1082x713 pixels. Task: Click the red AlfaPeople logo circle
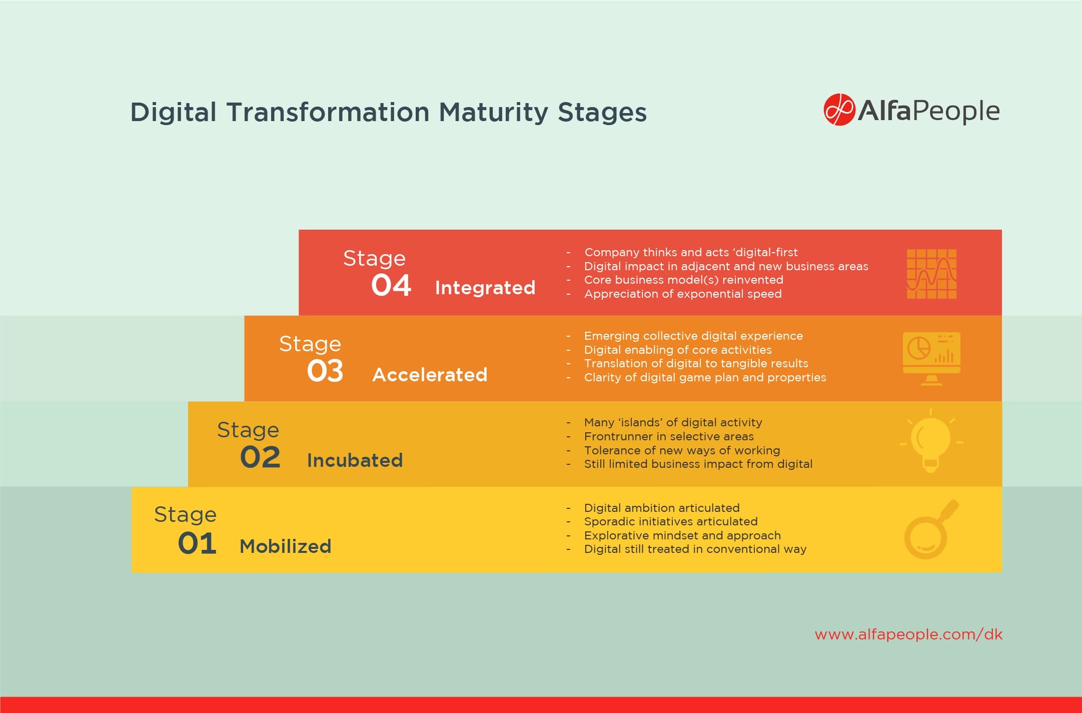click(839, 110)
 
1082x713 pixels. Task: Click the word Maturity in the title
click(493, 112)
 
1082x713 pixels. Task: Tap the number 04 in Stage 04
click(391, 286)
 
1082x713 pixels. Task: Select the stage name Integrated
click(485, 288)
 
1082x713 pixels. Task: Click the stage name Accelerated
click(430, 375)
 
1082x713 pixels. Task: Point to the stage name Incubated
click(355, 460)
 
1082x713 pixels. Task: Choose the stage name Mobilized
click(285, 546)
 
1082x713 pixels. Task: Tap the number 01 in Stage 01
click(197, 543)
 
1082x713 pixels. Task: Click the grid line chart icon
click(931, 274)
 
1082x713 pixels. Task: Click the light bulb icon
click(930, 441)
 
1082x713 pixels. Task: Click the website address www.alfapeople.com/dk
click(908, 634)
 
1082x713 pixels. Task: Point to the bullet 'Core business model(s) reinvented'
click(683, 280)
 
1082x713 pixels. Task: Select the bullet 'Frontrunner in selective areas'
click(669, 436)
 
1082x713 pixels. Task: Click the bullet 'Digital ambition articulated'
click(661, 508)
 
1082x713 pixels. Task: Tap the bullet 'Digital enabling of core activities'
click(678, 350)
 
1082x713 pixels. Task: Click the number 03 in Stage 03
click(325, 371)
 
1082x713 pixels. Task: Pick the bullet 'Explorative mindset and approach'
click(682, 535)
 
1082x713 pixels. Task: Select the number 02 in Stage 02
click(260, 457)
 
